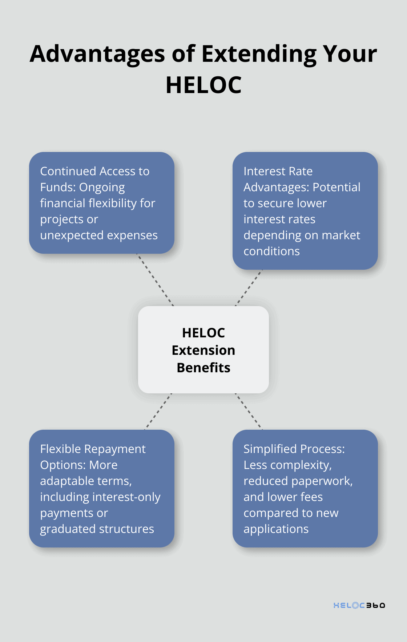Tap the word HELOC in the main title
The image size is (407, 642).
[203, 85]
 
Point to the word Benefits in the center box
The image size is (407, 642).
[203, 368]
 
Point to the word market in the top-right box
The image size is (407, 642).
[341, 235]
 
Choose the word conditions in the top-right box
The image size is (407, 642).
[271, 251]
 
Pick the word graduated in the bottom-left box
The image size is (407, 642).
[66, 529]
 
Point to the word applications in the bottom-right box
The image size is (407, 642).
[276, 529]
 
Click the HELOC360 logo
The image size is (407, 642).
[359, 605]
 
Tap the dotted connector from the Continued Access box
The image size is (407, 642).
[155, 280]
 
